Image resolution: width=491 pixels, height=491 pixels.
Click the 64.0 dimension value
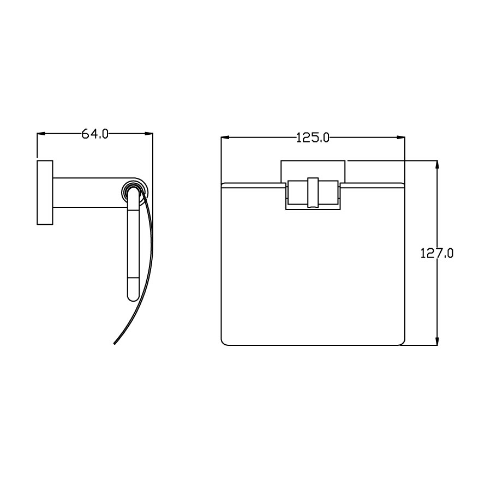pyautogui.click(x=95, y=134)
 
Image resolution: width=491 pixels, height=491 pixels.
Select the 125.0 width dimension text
pyautogui.click(x=313, y=137)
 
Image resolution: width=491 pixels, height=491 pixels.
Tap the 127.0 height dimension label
pyautogui.click(x=437, y=254)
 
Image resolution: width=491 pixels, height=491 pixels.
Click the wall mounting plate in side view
pyautogui.click(x=45, y=192)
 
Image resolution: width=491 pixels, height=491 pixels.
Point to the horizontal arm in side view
pyautogui.click(x=87, y=192)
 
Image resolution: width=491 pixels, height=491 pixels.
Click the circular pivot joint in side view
pyautogui.click(x=133, y=192)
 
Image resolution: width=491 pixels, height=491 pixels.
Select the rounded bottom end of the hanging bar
pyautogui.click(x=134, y=295)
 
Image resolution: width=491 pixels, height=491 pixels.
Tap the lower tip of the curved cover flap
pyautogui.click(x=115, y=343)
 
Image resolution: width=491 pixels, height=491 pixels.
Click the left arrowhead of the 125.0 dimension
pyautogui.click(x=224, y=137)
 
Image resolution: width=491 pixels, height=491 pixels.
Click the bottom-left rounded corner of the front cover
pyautogui.click(x=224, y=342)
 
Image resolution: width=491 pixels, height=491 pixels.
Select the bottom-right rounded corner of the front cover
pyautogui.click(x=402, y=342)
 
